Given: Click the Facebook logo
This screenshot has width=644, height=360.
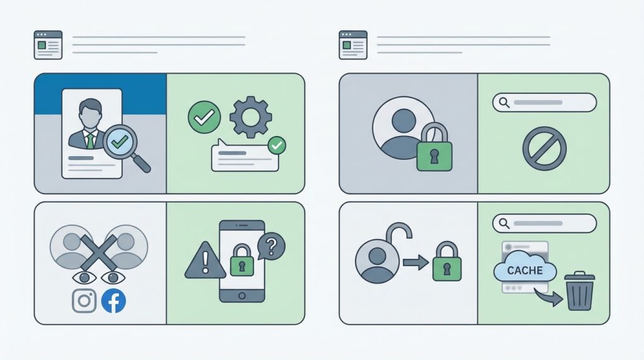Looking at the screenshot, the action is click(x=113, y=301).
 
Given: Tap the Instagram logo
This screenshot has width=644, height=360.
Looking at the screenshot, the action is click(x=84, y=300).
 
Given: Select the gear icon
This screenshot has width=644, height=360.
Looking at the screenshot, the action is click(x=250, y=117).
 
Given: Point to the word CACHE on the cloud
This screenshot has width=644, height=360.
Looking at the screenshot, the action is click(x=525, y=271).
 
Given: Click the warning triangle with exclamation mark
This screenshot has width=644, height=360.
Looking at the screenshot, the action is click(x=205, y=260).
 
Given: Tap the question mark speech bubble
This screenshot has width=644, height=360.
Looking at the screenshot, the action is click(x=271, y=246).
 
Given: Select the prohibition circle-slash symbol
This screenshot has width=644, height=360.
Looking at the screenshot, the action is click(x=544, y=149).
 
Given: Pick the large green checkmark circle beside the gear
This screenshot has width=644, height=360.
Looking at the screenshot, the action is click(x=204, y=117).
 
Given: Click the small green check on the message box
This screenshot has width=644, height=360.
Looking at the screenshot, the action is click(x=277, y=145).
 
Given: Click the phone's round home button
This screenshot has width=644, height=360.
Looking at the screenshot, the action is click(x=242, y=295).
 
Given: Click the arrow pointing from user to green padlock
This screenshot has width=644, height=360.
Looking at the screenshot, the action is click(x=416, y=262).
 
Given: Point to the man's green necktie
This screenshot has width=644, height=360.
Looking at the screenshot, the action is click(x=90, y=141).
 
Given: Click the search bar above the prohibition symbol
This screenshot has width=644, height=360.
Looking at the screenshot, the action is click(x=544, y=103).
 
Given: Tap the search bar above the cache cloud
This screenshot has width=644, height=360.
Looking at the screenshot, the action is click(x=544, y=223).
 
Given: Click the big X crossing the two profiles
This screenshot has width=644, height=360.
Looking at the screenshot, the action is click(x=99, y=252).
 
